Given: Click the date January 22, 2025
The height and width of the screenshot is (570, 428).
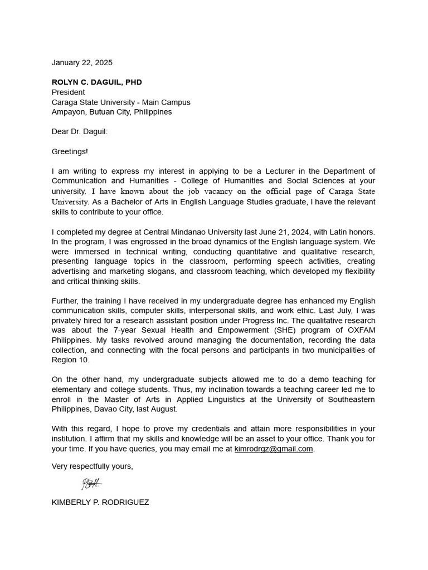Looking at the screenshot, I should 82,62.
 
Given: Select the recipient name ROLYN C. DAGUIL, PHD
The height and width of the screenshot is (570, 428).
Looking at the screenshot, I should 97,82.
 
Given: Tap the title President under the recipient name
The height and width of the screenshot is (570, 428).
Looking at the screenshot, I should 69,92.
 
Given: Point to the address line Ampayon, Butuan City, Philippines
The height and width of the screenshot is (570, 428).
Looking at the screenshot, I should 111,112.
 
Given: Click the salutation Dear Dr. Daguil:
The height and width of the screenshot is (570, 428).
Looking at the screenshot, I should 80,131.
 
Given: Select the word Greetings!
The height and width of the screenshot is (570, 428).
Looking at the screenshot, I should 70,151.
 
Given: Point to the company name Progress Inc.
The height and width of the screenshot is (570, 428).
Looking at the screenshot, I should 259,320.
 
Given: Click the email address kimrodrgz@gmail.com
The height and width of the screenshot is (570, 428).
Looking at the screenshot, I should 274,449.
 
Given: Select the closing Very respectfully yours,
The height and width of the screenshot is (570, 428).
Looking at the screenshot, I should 93,466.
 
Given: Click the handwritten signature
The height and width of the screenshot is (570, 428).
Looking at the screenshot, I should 91,483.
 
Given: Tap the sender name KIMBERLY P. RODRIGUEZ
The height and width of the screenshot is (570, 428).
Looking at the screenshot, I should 100,502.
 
